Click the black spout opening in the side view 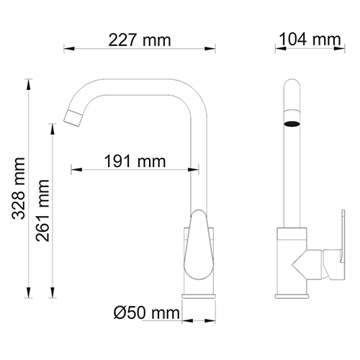[292, 123]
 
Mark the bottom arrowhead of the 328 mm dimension [30, 294]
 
